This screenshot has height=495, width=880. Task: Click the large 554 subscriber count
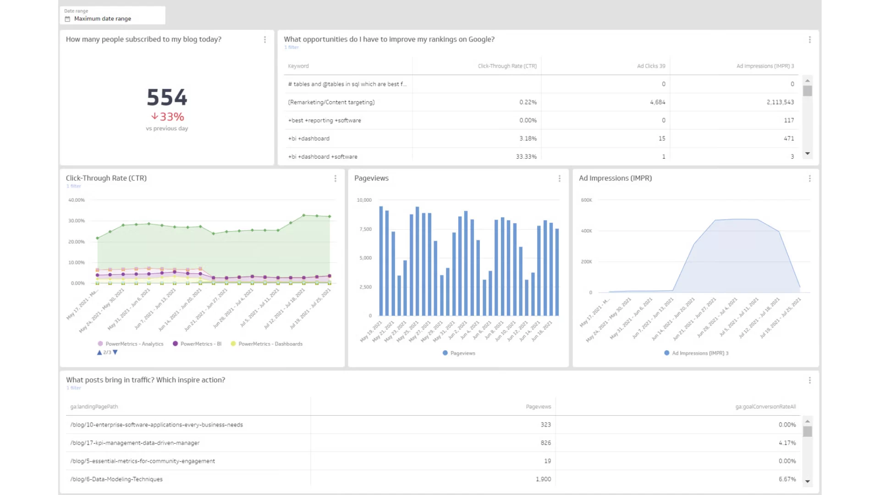[167, 97]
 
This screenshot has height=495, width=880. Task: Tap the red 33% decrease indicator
[168, 117]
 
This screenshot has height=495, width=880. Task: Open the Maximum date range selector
[103, 19]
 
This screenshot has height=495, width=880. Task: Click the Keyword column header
[298, 66]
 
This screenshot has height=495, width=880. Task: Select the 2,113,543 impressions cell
[780, 102]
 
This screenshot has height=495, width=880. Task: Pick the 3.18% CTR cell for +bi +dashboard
[528, 138]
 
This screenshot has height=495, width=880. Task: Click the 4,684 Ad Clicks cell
[657, 102]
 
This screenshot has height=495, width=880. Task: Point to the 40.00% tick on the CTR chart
[77, 200]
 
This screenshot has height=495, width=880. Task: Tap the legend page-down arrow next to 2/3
[115, 352]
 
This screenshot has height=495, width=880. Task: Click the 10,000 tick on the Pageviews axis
[364, 200]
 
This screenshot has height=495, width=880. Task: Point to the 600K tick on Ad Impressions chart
[586, 200]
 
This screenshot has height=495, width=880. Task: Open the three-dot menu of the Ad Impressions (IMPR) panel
[809, 179]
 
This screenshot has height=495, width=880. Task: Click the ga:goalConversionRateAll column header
[765, 407]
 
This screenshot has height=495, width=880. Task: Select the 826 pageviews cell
[545, 443]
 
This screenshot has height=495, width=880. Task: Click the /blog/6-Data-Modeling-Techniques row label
[116, 479]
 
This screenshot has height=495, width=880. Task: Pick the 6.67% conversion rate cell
[787, 479]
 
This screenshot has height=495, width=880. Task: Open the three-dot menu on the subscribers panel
[265, 40]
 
